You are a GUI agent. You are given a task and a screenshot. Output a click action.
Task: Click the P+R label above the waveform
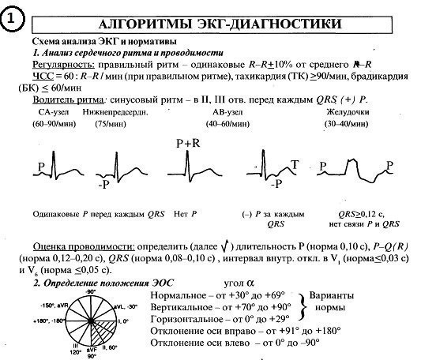click(x=190, y=143)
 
